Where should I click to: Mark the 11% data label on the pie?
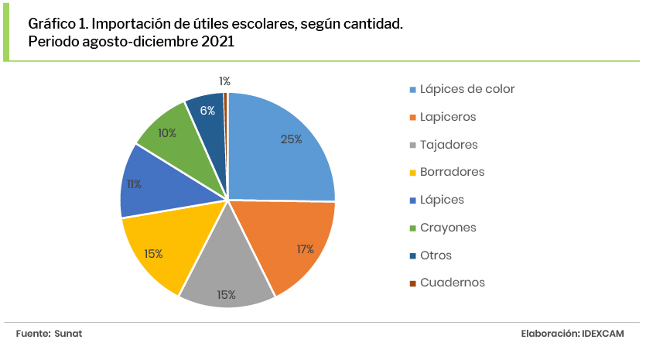pyautogui.click(x=134, y=184)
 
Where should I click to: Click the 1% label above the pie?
pyautogui.click(x=224, y=81)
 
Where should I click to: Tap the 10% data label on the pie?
pyautogui.click(x=166, y=132)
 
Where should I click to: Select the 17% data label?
pyautogui.click(x=304, y=249)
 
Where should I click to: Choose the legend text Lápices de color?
pyautogui.click(x=467, y=89)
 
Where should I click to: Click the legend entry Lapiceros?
pyautogui.click(x=448, y=117)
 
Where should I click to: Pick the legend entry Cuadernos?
pyautogui.click(x=453, y=283)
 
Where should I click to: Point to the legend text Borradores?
pyautogui.click(x=453, y=172)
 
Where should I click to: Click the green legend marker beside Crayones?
pyautogui.click(x=413, y=228)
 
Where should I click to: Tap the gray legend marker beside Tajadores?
pyautogui.click(x=413, y=146)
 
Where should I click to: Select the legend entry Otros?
pyautogui.click(x=436, y=255)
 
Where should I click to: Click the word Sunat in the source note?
pyautogui.click(x=68, y=333)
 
